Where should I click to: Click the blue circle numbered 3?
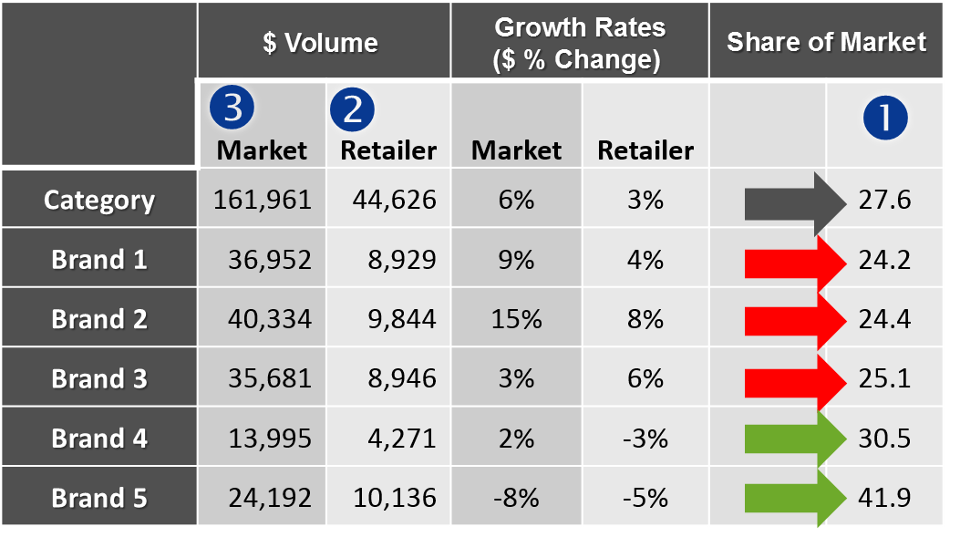pos(232,108)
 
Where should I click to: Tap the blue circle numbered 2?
pos(353,108)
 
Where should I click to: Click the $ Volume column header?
pos(320,42)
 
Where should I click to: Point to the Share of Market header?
pos(826,42)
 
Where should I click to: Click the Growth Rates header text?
pos(579,42)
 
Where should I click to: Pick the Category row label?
pos(99,200)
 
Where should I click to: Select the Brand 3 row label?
pos(99,378)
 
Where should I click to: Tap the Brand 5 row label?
pos(99,498)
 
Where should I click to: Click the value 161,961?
pos(263,200)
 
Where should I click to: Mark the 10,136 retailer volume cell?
pos(390,498)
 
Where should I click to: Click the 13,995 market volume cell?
pos(263,439)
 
